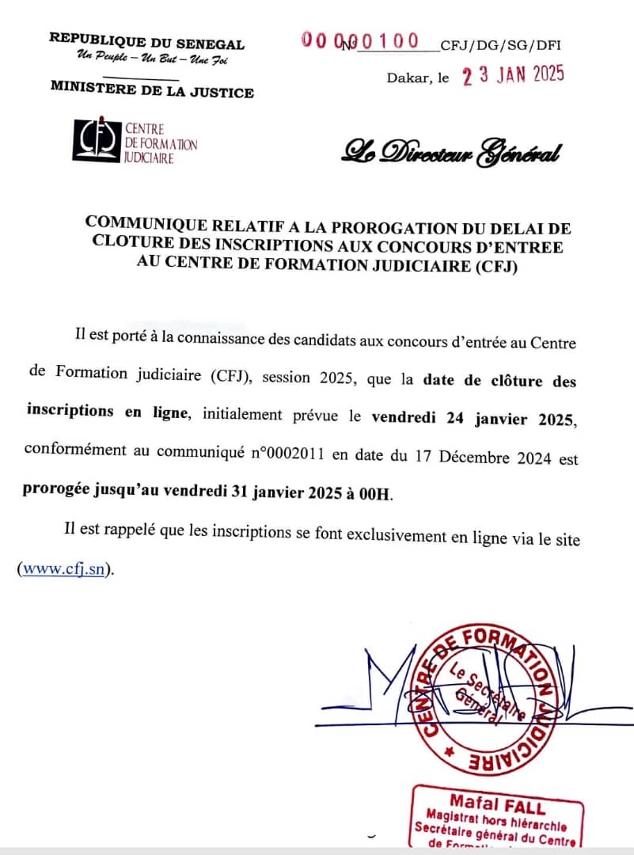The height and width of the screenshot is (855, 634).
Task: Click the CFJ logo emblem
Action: [97, 142]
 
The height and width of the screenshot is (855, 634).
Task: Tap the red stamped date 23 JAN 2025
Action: [513, 75]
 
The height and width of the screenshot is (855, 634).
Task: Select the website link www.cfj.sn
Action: [64, 569]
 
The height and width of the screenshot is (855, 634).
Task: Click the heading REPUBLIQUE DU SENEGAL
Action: [146, 43]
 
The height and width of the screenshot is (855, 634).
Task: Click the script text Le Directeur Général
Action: [451, 151]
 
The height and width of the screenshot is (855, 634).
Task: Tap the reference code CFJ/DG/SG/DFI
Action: [500, 46]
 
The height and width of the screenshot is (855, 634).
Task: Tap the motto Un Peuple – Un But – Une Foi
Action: [152, 60]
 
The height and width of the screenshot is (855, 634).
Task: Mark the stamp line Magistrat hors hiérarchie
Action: [498, 819]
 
